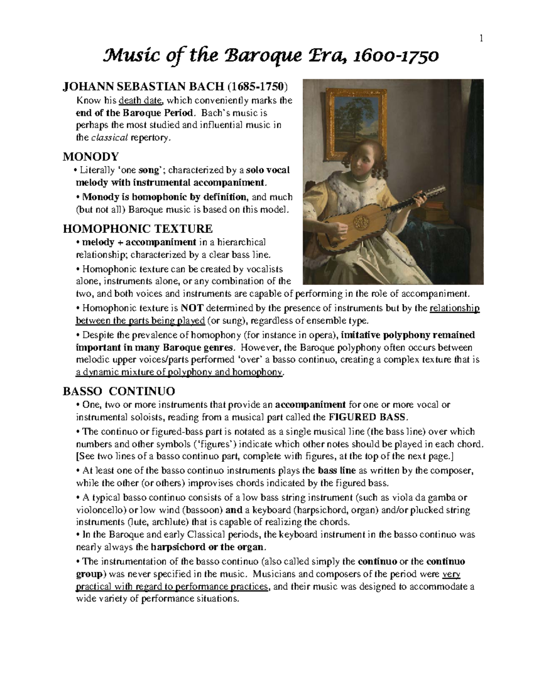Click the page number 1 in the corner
pos(481,39)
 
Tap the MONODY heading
pos(91,156)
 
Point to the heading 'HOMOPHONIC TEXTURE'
pos(138,229)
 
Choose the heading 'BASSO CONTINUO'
pos(119,391)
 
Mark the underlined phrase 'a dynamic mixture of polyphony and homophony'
pos(179,372)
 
